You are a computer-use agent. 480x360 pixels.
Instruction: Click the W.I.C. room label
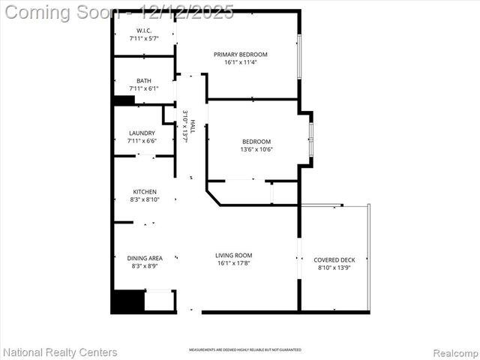[144, 31]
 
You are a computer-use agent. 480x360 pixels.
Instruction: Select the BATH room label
[144, 81]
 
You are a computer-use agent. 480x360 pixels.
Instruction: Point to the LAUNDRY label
[142, 133]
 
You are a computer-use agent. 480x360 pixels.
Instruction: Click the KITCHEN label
[145, 192]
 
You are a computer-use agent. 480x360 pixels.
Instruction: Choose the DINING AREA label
[145, 257]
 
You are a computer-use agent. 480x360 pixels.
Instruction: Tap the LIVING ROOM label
[233, 255]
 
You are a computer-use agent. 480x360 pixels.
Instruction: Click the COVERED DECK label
[334, 259]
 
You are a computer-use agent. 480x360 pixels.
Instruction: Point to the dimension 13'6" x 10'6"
[256, 149]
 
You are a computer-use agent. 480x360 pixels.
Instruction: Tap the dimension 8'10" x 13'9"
[334, 268]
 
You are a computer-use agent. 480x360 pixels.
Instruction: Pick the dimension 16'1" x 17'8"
[233, 263]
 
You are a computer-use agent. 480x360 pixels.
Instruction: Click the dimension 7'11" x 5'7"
[144, 38]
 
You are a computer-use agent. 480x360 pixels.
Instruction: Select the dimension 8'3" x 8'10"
[145, 200]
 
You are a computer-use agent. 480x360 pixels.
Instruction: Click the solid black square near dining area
[127, 301]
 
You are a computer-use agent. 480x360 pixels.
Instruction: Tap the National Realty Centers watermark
[60, 352]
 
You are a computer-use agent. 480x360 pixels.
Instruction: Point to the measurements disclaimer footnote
[244, 350]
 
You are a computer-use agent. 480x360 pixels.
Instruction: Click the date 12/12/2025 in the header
[191, 12]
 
